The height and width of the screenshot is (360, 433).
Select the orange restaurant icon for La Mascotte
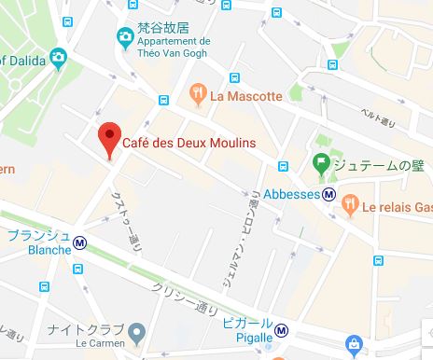[197, 92]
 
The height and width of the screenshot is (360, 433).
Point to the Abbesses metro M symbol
[329, 195]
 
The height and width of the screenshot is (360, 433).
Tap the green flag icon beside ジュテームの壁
[320, 164]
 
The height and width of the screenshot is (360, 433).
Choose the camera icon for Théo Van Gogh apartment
[124, 38]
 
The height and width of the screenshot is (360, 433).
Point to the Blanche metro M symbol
[81, 242]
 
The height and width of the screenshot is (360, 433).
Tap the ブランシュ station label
[37, 234]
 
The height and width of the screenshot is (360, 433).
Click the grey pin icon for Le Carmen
[136, 332]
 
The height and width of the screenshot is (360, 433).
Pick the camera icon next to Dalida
[58, 58]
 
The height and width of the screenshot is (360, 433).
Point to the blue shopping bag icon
[354, 345]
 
